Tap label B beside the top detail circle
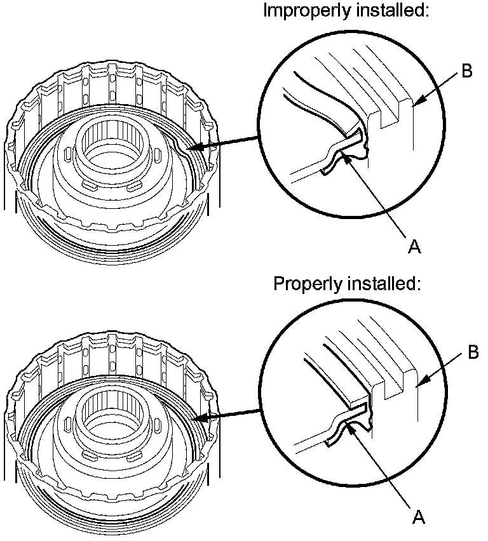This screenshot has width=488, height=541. (x=467, y=71)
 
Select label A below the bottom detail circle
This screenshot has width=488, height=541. (x=418, y=518)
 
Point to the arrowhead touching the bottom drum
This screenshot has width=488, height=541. (x=194, y=419)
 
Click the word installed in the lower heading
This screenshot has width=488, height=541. (x=386, y=284)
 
